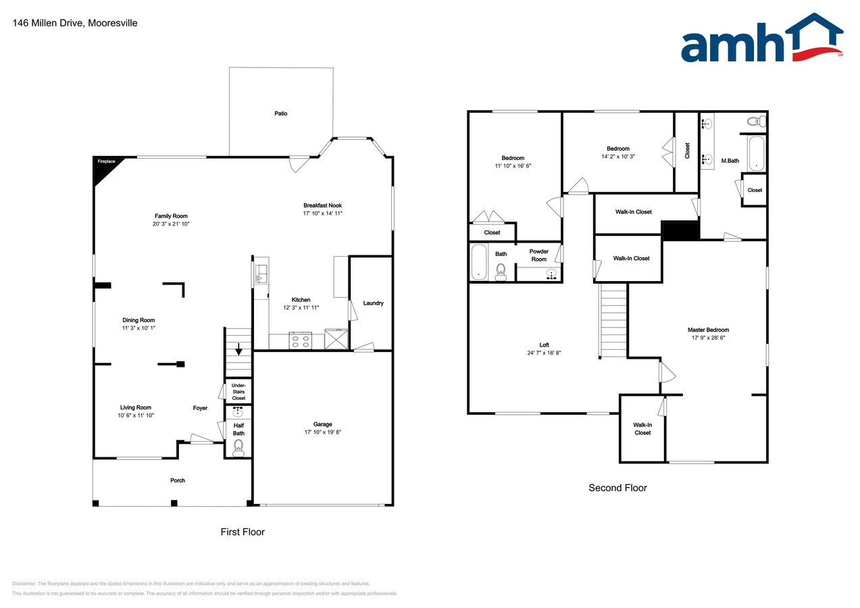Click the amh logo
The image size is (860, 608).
[x=762, y=38]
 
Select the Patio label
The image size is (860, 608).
[x=280, y=113]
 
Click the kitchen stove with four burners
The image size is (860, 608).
[x=301, y=341]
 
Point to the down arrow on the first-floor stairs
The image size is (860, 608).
[x=238, y=349]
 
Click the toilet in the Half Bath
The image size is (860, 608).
[x=238, y=448]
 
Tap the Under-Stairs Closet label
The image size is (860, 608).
[x=238, y=392]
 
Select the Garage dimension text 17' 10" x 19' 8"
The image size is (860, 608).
[x=322, y=432]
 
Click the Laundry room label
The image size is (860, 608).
[x=373, y=303]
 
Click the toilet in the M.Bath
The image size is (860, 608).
[x=757, y=122]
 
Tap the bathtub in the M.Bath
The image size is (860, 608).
[x=757, y=153]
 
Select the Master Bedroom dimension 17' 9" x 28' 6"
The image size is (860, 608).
[x=709, y=338]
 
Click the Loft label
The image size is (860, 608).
[x=544, y=345]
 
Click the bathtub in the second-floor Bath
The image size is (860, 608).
[x=479, y=263]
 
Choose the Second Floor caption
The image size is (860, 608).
[x=617, y=488]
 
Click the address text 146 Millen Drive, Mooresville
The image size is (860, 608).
[x=75, y=23]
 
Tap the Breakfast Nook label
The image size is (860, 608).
[x=322, y=206]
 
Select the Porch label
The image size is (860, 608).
[x=178, y=480]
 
